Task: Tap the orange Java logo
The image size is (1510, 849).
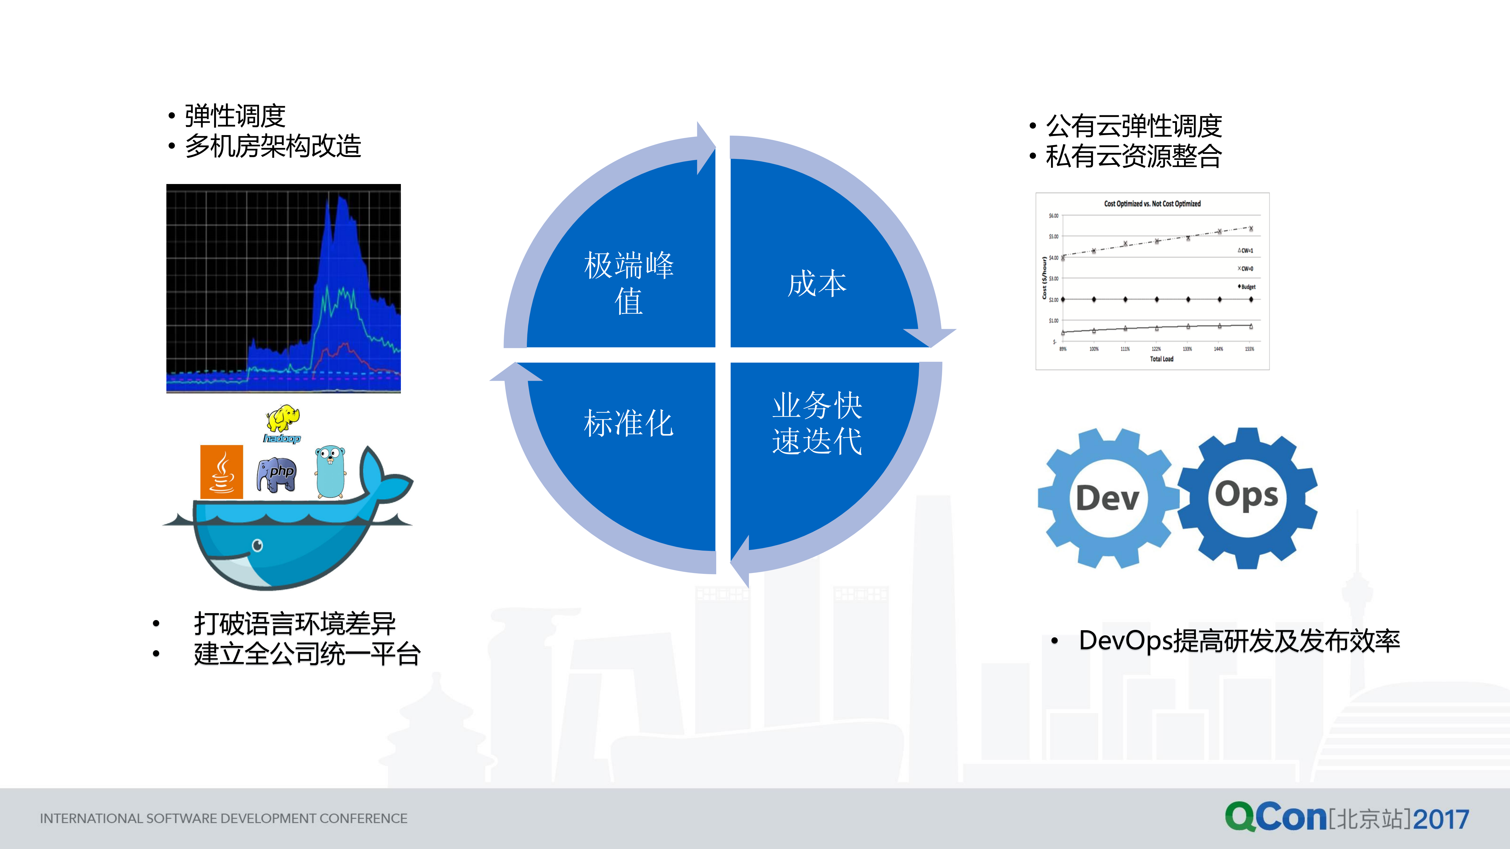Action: [222, 472]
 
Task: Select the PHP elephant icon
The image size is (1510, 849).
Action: [277, 473]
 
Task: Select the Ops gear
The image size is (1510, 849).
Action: [1247, 497]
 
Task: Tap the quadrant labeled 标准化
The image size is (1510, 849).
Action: [628, 423]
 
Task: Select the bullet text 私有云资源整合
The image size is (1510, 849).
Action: [1133, 156]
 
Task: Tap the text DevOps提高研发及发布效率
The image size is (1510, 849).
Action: [1239, 641]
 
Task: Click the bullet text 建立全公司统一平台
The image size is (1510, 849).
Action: [306, 654]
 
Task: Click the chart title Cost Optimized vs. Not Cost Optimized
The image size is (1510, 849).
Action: [1152, 204]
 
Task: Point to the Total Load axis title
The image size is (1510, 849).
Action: [1161, 359]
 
